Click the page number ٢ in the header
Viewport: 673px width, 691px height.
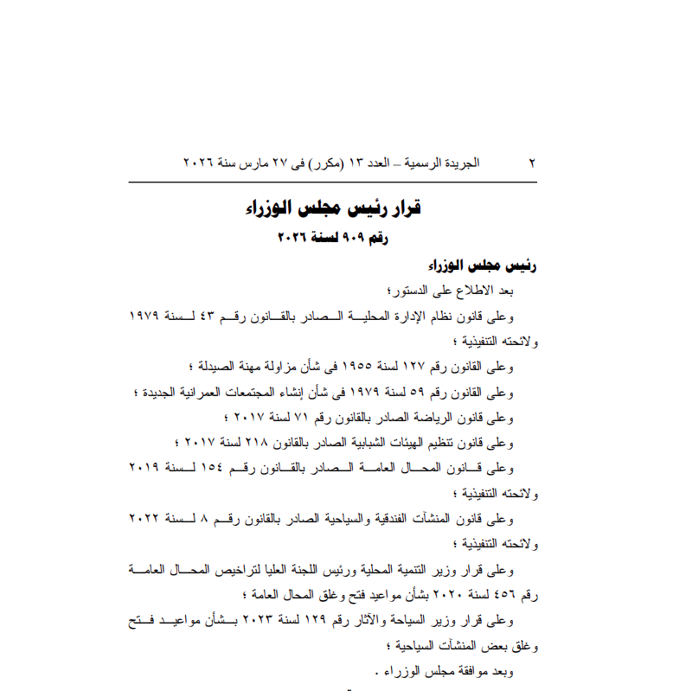(532, 163)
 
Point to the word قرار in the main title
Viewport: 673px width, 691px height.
(399, 209)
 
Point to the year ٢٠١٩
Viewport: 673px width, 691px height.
(147, 468)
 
